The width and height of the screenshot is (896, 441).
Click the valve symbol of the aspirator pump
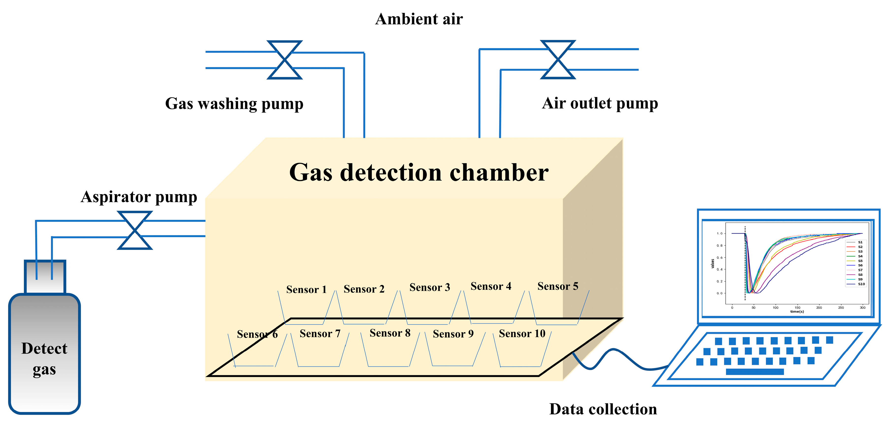(x=135, y=230)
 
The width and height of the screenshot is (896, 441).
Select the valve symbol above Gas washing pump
(x=285, y=60)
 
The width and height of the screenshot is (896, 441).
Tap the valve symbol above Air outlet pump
(x=558, y=60)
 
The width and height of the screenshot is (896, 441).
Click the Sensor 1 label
(x=306, y=289)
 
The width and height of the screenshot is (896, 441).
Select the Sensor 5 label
(x=558, y=286)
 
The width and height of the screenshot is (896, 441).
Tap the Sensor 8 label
(x=390, y=333)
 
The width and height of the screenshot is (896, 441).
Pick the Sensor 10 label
(x=522, y=333)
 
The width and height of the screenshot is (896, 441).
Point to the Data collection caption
(x=603, y=409)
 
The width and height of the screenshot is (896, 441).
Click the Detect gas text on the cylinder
(x=44, y=358)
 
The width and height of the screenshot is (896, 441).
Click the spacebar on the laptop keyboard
(x=755, y=372)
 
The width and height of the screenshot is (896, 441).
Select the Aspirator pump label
(x=139, y=197)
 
